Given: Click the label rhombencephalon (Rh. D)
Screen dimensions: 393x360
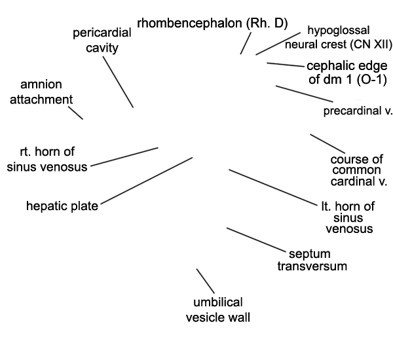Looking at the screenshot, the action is pyautogui.click(x=212, y=24).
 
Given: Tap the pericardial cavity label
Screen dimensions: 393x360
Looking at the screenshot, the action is pyautogui.click(x=102, y=41).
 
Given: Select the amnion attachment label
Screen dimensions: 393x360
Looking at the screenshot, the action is pyautogui.click(x=41, y=92).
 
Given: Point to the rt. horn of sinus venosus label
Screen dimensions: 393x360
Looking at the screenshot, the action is pyautogui.click(x=47, y=159).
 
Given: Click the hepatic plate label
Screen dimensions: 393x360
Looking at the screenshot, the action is pyautogui.click(x=62, y=206).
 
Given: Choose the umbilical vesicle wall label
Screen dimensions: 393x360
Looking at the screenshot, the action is pyautogui.click(x=218, y=310).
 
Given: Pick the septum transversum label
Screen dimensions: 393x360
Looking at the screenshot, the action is pyautogui.click(x=312, y=260).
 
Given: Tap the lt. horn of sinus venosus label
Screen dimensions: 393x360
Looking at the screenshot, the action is pyautogui.click(x=348, y=217).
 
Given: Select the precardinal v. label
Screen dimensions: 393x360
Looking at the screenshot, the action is pyautogui.click(x=358, y=111).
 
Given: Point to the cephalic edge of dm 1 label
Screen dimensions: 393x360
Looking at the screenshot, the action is pyautogui.click(x=347, y=73).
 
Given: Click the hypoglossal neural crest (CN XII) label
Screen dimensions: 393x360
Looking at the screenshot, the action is pyautogui.click(x=339, y=37).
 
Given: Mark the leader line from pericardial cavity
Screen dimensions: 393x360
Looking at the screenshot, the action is pyautogui.click(x=118, y=82).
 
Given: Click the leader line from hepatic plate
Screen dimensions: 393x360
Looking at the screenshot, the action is pyautogui.click(x=146, y=181).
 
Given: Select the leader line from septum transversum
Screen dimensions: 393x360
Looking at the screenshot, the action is pyautogui.click(x=256, y=240).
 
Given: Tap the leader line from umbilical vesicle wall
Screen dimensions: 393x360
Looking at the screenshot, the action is pyautogui.click(x=205, y=281).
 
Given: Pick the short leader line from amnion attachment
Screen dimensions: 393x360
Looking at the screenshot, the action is pyautogui.click(x=75, y=113).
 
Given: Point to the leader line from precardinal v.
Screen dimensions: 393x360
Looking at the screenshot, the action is pyautogui.click(x=305, y=94).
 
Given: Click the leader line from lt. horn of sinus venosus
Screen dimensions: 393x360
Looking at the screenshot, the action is pyautogui.click(x=273, y=188).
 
